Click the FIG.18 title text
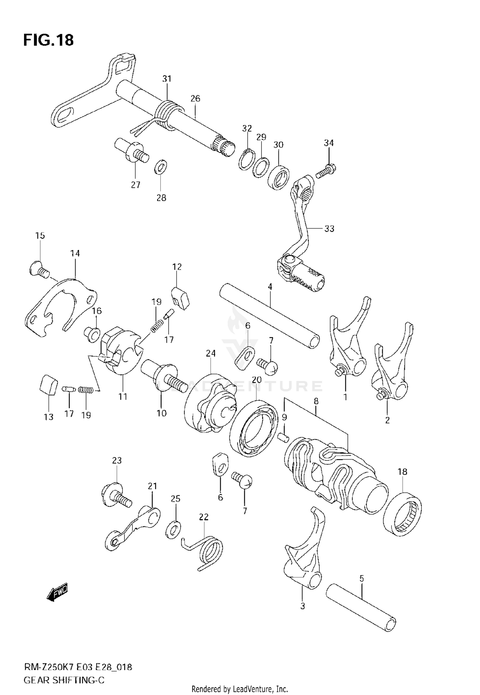(x=48, y=40)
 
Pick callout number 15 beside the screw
(x=40, y=236)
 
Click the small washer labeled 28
(x=161, y=167)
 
